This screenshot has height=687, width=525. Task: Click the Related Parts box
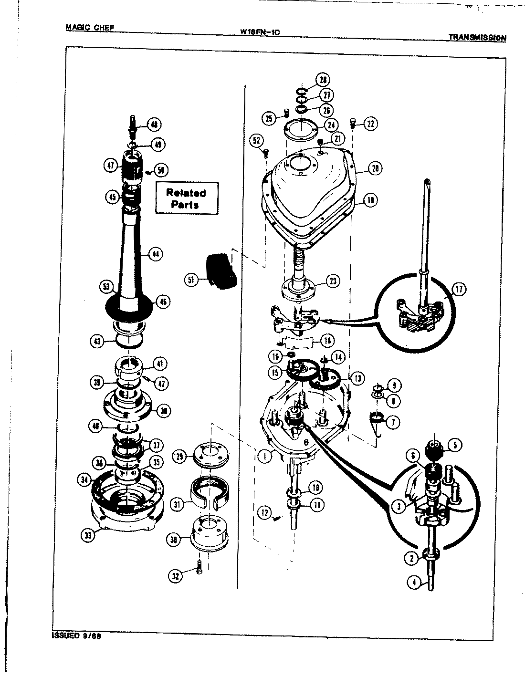click(x=186, y=198)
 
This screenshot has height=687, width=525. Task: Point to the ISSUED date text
click(x=77, y=636)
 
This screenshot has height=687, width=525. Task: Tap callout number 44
click(x=155, y=255)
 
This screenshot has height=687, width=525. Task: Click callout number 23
click(x=332, y=281)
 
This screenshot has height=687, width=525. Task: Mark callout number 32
click(x=176, y=576)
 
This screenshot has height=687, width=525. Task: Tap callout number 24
click(x=331, y=125)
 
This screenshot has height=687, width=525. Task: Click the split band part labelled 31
click(x=209, y=491)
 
